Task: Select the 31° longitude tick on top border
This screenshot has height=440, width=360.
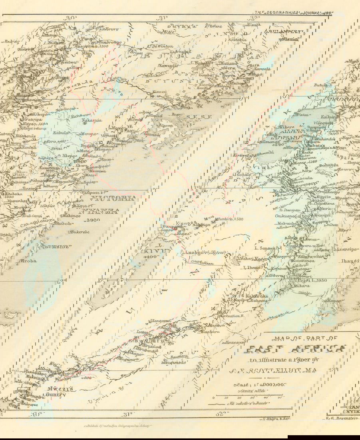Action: click(161, 18)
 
